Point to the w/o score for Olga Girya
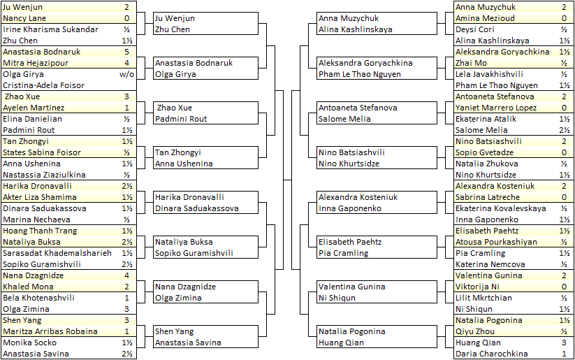(x=126, y=74)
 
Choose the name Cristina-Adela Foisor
(x=43, y=85)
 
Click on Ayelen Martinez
(x=34, y=108)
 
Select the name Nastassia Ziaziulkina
(x=44, y=175)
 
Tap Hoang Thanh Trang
(x=40, y=231)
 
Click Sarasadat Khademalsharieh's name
(x=57, y=253)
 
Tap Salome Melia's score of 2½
(x=564, y=130)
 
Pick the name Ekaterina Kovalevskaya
(x=500, y=208)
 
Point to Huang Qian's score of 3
(x=564, y=343)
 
